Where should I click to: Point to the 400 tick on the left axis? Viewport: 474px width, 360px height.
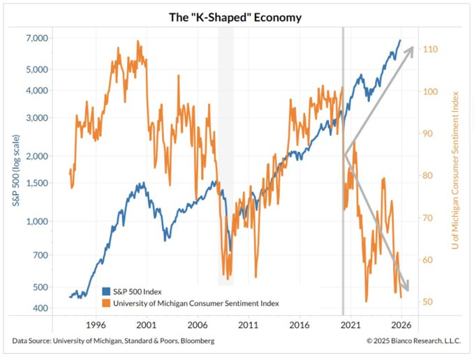[x=39, y=308]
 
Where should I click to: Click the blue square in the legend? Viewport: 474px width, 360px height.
[x=106, y=292]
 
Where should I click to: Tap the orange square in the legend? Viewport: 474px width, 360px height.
[x=106, y=303]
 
